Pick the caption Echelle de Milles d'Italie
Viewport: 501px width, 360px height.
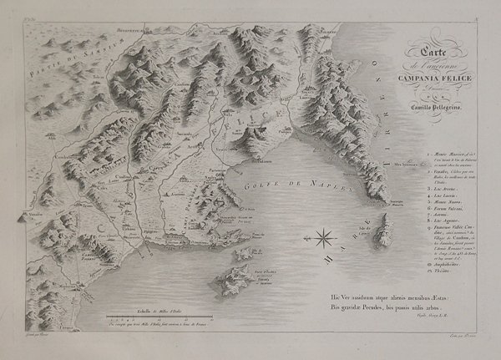[149, 310]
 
